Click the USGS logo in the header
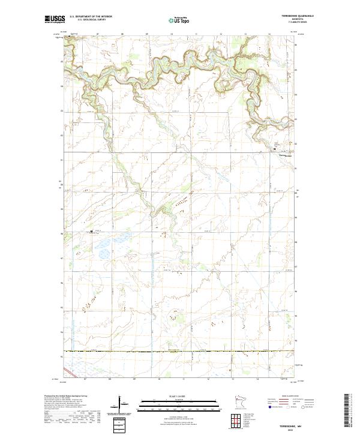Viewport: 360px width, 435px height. [55, 20]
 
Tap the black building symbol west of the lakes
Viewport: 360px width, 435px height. [91, 231]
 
